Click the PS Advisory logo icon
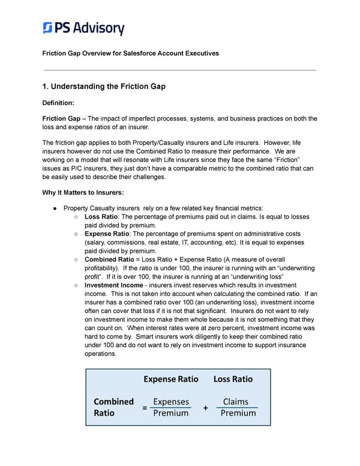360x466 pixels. (x=48, y=28)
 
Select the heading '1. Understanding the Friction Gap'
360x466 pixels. (x=104, y=86)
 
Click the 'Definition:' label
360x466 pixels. (x=59, y=103)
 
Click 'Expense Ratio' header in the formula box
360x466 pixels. (x=171, y=379)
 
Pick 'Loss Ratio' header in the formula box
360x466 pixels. (x=233, y=379)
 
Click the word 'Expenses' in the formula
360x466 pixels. (x=170, y=402)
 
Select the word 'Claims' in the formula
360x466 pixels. (x=235, y=402)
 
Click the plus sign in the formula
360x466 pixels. (x=205, y=408)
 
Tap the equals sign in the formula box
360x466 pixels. (x=145, y=408)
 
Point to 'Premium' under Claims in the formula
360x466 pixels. (x=238, y=413)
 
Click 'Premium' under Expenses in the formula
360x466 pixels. (x=171, y=413)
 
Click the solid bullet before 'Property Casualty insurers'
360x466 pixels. (x=55, y=208)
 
